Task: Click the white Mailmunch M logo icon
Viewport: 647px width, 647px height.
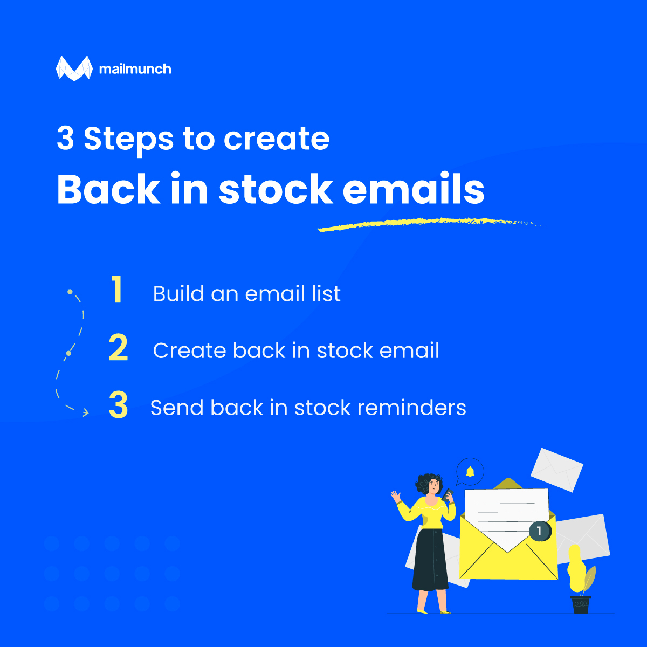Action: [x=74, y=68]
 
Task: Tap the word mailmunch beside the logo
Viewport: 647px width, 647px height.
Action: [x=135, y=69]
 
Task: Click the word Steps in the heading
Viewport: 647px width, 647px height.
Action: [x=129, y=139]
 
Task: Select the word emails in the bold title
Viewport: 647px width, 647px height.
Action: [x=414, y=188]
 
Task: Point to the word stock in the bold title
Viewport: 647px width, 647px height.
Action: [x=276, y=188]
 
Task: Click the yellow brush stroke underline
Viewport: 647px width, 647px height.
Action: [x=432, y=224]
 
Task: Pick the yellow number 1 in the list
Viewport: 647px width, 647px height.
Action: [x=116, y=290]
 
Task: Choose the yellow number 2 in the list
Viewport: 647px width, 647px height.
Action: [x=118, y=347]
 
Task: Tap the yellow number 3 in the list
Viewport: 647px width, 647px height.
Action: [x=118, y=404]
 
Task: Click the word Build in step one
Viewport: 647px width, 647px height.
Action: [x=178, y=293]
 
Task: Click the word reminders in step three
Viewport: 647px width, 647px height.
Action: [x=411, y=408]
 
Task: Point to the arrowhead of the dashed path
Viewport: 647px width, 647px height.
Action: [x=86, y=412]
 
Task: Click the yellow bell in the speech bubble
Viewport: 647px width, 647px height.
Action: [x=470, y=471]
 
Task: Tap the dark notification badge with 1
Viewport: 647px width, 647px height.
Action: [x=539, y=531]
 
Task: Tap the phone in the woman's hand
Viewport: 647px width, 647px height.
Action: [x=448, y=495]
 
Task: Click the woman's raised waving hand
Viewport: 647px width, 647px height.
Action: [x=396, y=496]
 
